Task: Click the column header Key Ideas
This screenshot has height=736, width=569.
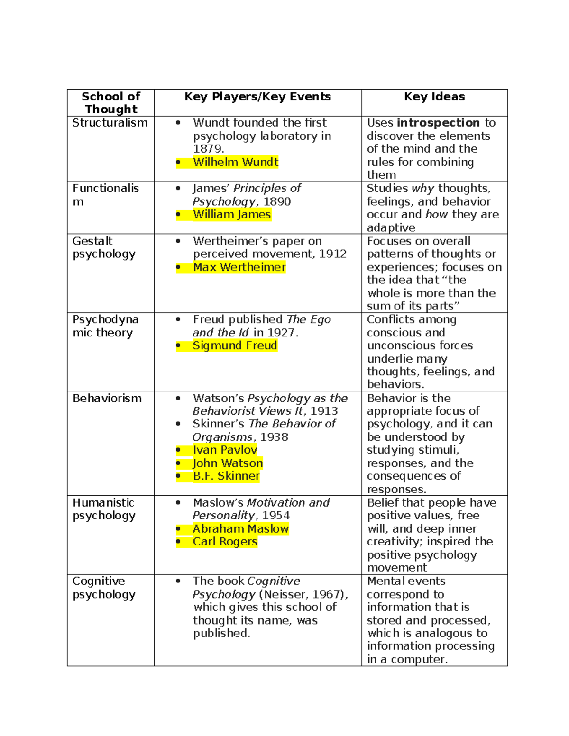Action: pyautogui.click(x=434, y=97)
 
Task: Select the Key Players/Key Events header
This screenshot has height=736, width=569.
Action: pyautogui.click(x=257, y=97)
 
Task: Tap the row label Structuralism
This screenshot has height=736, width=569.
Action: pyautogui.click(x=110, y=123)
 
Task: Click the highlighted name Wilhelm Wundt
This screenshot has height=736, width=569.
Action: pyautogui.click(x=235, y=162)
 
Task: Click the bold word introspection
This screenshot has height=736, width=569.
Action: pyautogui.click(x=438, y=123)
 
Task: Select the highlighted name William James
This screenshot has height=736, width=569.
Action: pyautogui.click(x=231, y=214)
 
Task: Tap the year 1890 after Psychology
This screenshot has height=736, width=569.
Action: pyautogui.click(x=277, y=201)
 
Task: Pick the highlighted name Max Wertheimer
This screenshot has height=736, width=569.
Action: pyautogui.click(x=239, y=267)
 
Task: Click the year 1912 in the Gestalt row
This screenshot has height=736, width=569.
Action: pyautogui.click(x=332, y=254)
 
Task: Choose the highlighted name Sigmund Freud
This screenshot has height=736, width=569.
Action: pyautogui.click(x=235, y=345)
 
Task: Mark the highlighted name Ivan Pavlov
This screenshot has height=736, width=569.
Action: pyautogui.click(x=225, y=450)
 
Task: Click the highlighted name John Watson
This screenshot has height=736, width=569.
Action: pyautogui.click(x=228, y=463)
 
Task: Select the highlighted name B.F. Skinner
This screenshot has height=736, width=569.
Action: pyautogui.click(x=226, y=476)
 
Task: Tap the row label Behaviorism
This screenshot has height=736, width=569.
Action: pyautogui.click(x=107, y=398)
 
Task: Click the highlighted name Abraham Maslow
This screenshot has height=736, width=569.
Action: pyautogui.click(x=240, y=528)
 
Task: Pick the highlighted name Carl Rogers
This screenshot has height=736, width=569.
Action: pyautogui.click(x=225, y=542)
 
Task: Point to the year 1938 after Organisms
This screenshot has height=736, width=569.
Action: pyautogui.click(x=274, y=437)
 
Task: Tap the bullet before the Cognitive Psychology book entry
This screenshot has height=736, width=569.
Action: pyautogui.click(x=178, y=581)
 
